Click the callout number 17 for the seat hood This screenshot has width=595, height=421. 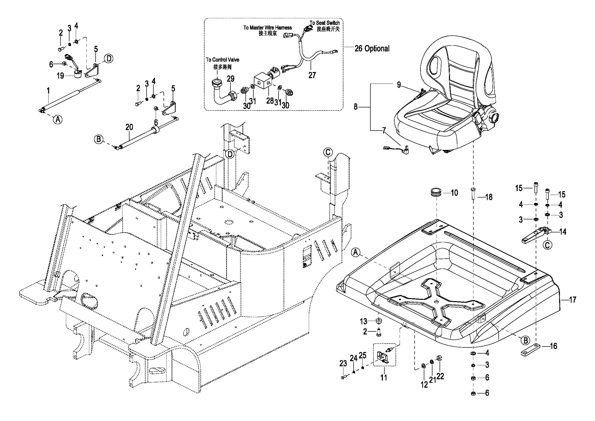[x=572, y=300]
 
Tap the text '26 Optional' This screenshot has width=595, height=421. [x=372, y=48]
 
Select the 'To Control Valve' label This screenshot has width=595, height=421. [x=222, y=60]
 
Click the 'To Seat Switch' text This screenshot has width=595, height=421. [x=325, y=23]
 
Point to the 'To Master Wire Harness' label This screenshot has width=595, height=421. [x=267, y=28]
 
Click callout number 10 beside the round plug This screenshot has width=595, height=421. [x=455, y=193]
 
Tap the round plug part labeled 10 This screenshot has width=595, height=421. [x=436, y=193]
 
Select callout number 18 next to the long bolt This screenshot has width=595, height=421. [x=489, y=197]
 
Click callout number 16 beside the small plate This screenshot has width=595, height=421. [x=553, y=346]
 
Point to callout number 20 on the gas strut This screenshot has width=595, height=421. [x=129, y=127]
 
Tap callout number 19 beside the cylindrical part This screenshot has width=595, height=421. [x=60, y=76]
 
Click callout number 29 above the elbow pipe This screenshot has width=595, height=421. [x=231, y=79]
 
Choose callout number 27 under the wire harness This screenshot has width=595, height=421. [x=312, y=75]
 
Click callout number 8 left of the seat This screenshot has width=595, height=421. [x=356, y=107]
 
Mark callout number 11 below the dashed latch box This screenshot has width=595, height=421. [x=384, y=377]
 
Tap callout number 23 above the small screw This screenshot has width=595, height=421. [x=343, y=364]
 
